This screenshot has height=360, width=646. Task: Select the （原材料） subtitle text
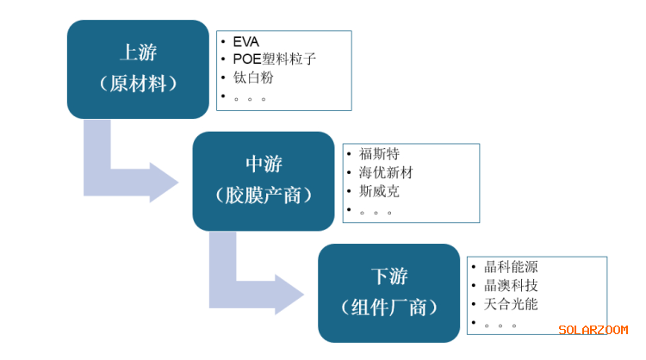coord(138,84)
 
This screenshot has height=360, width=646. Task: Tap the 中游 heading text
coord(264,164)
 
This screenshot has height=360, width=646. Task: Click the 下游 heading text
coord(388,276)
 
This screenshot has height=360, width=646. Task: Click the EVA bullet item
coord(245,41)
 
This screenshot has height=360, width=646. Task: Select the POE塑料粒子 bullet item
coord(275,59)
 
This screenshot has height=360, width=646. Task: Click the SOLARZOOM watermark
coord(593,331)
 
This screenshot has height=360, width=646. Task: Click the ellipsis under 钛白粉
coord(250,98)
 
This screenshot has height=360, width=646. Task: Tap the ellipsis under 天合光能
coord(500,325)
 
